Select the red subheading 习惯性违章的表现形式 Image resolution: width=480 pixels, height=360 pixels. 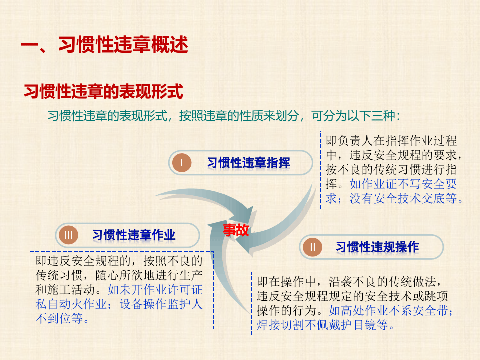104,92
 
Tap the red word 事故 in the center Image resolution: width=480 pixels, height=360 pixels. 236,230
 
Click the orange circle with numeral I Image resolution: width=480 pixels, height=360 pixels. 182,163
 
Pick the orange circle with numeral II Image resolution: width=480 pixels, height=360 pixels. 313,247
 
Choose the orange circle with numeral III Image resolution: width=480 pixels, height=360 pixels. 69,235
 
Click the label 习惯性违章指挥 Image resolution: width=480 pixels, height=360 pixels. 248,163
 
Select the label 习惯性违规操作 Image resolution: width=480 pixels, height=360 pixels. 377,247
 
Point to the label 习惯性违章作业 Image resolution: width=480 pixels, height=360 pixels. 134,235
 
